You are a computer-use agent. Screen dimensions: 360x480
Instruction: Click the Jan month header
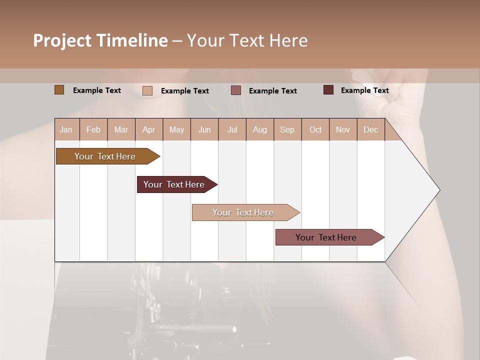(66, 129)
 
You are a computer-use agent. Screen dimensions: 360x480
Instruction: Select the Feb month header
(93, 129)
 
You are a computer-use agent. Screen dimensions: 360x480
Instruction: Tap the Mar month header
(121, 129)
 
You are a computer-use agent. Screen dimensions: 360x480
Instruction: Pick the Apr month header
(149, 129)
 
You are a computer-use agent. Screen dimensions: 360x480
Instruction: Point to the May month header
(176, 129)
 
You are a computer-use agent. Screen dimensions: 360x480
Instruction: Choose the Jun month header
(204, 129)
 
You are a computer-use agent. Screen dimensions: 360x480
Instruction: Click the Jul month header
(232, 129)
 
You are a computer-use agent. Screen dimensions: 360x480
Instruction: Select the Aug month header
(260, 129)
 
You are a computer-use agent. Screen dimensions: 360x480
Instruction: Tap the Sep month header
(287, 129)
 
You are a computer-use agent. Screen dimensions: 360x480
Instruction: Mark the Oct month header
(315, 129)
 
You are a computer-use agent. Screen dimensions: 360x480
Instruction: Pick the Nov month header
(343, 129)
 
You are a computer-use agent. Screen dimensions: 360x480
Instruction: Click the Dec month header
(370, 129)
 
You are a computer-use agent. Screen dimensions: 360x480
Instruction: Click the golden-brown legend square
(59, 90)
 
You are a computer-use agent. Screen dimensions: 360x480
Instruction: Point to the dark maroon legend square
(328, 90)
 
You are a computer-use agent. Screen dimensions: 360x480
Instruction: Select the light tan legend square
(147, 90)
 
